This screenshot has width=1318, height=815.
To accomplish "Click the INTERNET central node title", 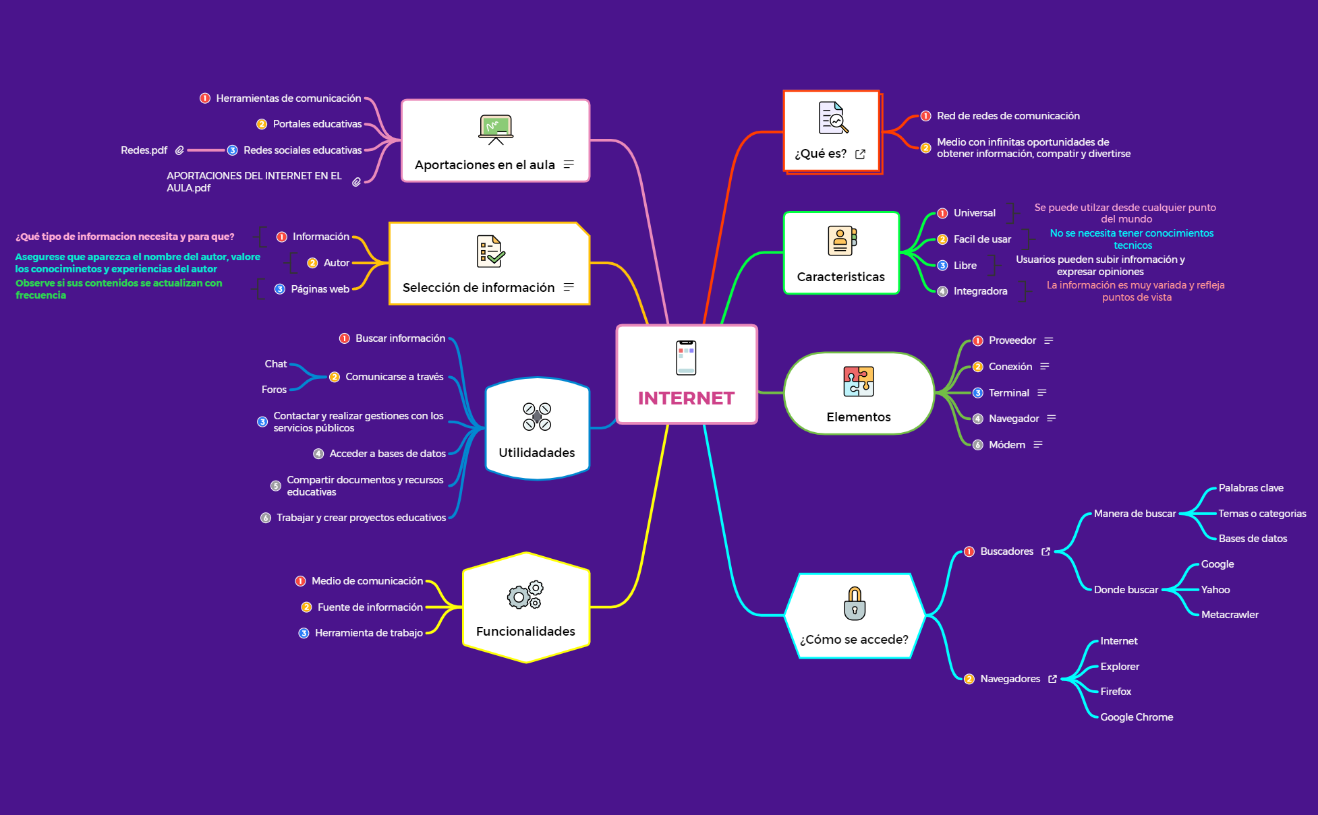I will pos(686,398).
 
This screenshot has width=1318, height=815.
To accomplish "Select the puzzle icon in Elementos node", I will pos(859,382).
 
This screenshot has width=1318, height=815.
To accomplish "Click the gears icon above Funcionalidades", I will pos(525,595).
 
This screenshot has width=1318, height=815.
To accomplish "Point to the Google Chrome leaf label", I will pos(1137,717).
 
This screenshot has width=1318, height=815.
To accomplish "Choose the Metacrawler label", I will pos(1230,615).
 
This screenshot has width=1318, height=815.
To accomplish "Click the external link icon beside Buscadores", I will pos(1045,551).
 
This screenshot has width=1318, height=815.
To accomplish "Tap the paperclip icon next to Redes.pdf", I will pos(179,150).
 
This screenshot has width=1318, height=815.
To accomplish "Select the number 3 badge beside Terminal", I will pos(978,393).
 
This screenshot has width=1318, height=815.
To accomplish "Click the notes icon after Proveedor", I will pos(1049,340).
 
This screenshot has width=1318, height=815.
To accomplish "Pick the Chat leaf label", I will pos(275,364).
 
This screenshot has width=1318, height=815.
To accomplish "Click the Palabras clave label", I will pos(1251,488).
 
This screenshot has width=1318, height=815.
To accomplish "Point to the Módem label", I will pos(1006,445).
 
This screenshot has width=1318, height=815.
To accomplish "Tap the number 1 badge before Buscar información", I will pos(345,338).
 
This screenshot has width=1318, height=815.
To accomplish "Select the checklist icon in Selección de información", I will pos(490,251).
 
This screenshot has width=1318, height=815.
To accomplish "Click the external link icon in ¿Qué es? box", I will pos(860,154).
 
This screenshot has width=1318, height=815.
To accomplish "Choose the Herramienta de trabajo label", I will pos(368,633).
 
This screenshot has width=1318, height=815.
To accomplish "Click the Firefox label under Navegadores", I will pos(1116,692).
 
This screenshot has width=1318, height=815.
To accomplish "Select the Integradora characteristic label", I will pos(980,291).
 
